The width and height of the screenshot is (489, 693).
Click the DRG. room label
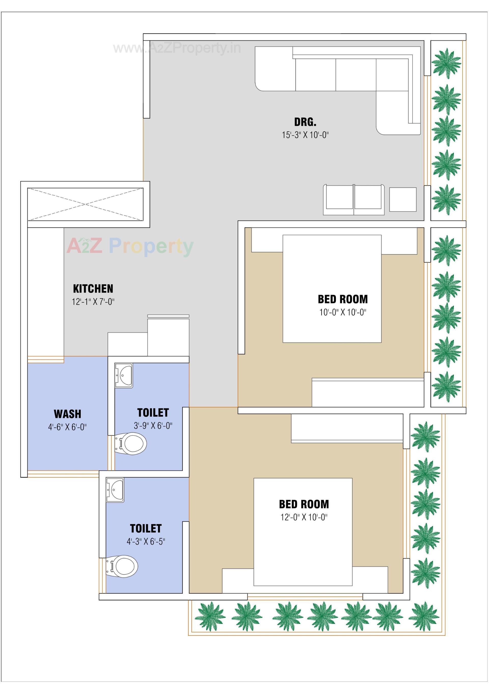(x=305, y=122)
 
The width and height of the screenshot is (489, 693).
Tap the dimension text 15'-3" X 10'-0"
(x=305, y=135)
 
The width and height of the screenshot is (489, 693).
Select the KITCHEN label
(x=93, y=288)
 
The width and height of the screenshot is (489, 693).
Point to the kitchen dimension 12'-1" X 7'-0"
(x=93, y=301)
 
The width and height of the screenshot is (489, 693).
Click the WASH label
(x=67, y=414)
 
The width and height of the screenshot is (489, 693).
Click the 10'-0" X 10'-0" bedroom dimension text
(x=343, y=312)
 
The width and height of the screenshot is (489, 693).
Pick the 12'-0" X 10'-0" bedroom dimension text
(x=304, y=517)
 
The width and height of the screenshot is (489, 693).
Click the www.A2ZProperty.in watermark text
(x=177, y=48)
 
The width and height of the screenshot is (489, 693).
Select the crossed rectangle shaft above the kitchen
(x=85, y=204)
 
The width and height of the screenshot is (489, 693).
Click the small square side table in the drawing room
(x=403, y=199)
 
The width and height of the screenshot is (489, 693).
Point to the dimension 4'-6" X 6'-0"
(x=67, y=427)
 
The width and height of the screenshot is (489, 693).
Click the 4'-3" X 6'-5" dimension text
(x=146, y=541)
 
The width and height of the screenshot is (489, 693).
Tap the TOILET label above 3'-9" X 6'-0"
(x=153, y=413)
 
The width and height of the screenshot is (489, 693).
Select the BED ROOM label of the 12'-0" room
(x=304, y=504)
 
